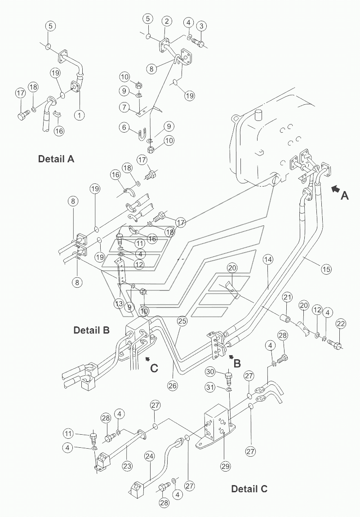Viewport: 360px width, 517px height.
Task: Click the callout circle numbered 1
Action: tap(79, 115)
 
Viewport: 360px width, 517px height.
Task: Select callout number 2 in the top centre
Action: tap(167, 21)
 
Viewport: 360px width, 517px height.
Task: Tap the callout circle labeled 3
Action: tap(201, 26)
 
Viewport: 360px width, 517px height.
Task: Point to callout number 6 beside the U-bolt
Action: tap(124, 127)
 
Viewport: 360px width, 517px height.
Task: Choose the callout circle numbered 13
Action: tap(119, 303)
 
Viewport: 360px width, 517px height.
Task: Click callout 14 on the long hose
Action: tap(268, 260)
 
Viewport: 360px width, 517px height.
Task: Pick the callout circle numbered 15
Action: tap(326, 269)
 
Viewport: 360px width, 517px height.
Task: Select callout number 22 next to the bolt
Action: tap(341, 324)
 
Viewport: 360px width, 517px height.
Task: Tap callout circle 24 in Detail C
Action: tap(149, 456)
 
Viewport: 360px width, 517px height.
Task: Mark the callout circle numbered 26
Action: tap(173, 385)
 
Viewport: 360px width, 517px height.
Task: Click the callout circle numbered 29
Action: tap(226, 466)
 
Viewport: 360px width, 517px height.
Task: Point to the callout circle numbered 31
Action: tap(210, 387)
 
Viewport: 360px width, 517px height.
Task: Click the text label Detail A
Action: tap(56, 159)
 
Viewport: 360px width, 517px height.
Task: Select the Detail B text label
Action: tap(91, 330)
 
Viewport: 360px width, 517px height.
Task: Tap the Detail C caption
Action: tap(249, 489)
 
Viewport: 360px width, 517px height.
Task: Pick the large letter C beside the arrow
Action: tap(154, 368)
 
